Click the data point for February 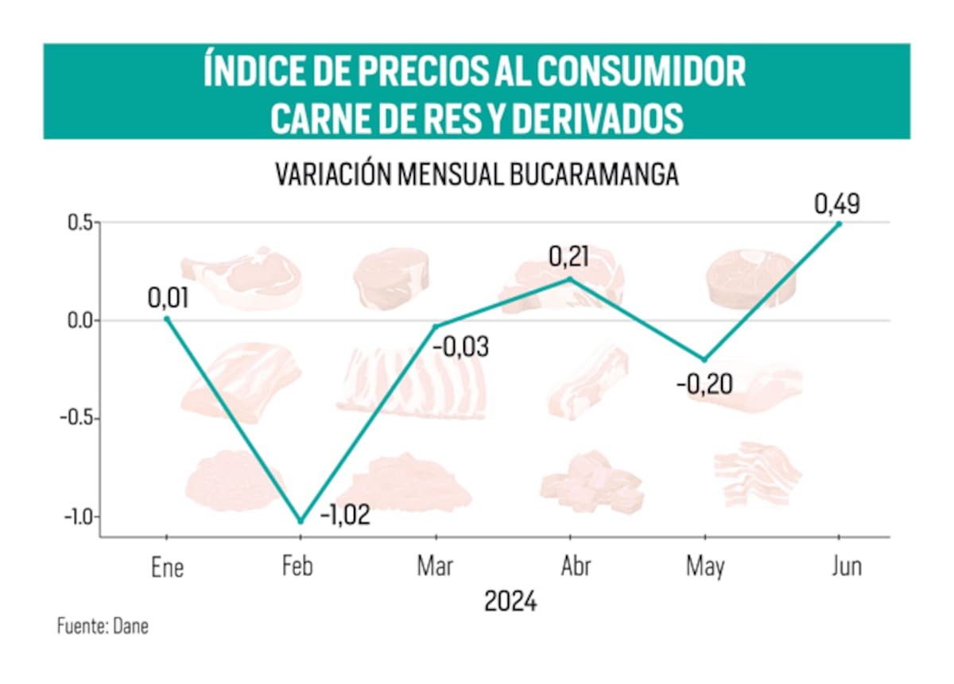click(301, 521)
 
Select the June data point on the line click(839, 224)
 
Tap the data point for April click(569, 278)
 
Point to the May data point click(704, 360)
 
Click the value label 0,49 click(837, 204)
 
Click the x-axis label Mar click(435, 567)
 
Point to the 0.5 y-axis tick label click(78, 222)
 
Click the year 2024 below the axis click(510, 601)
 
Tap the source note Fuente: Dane click(103, 626)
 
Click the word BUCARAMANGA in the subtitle click(592, 175)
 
